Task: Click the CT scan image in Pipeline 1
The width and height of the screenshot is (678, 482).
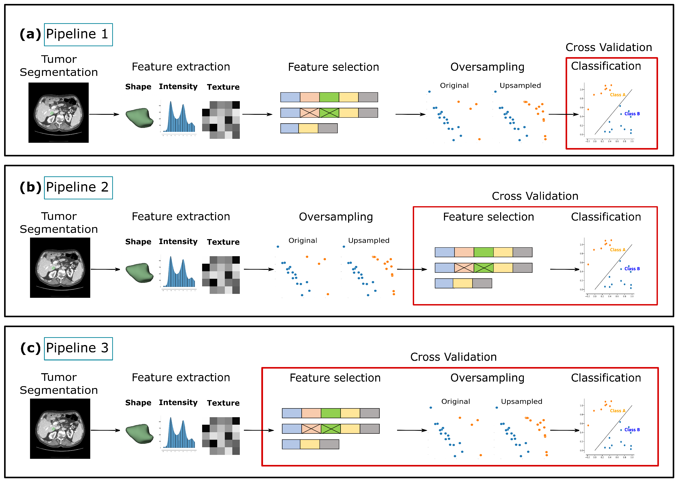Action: [x=59, y=113]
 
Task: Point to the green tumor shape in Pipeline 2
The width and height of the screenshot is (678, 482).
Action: [x=139, y=272]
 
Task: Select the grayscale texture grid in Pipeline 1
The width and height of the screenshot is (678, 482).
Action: [x=221, y=120]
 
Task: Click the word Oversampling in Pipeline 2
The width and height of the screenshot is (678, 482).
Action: [x=336, y=217]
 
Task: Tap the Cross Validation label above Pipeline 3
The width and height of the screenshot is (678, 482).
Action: [x=453, y=357]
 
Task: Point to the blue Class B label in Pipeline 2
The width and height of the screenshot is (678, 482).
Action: [x=632, y=269]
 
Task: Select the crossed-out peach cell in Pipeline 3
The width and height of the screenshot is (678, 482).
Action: [x=311, y=429]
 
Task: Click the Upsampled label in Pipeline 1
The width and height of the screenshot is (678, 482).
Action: [x=520, y=85]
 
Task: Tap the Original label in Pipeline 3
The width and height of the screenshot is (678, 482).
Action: [x=455, y=401]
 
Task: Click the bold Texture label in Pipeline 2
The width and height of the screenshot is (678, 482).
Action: [x=223, y=242]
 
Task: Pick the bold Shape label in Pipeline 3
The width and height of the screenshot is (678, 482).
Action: [x=138, y=403]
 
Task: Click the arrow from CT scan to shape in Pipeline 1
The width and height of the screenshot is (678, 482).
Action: [x=104, y=114]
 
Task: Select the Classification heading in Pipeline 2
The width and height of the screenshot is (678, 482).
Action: [x=606, y=217]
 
